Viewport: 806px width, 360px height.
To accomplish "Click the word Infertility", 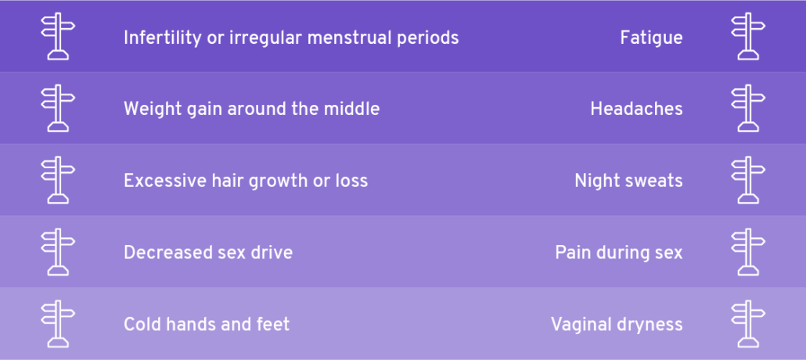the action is [x=161, y=38].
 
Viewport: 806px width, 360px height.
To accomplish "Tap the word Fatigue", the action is [x=651, y=38].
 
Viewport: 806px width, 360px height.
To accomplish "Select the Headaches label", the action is [x=636, y=109].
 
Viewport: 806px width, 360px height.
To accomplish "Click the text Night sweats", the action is [x=628, y=181].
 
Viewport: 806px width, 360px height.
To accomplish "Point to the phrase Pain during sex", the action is [x=619, y=253].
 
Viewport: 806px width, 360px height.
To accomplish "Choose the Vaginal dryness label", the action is [x=617, y=325].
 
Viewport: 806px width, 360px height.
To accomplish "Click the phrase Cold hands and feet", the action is [x=207, y=324].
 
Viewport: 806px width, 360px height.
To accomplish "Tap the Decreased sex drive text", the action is [x=208, y=253].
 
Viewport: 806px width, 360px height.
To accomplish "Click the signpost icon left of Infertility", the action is [x=58, y=36].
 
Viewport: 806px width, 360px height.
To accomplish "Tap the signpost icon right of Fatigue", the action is [x=748, y=36].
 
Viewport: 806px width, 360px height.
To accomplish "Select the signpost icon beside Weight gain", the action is [x=58, y=108].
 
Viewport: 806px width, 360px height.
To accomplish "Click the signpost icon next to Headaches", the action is [x=748, y=108].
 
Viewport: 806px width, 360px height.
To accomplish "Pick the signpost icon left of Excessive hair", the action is [x=58, y=180].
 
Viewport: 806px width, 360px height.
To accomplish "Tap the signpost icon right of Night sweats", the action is [x=748, y=180].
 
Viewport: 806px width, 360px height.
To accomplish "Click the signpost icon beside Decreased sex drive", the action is [x=58, y=252].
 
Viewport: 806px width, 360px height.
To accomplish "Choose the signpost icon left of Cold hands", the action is [x=58, y=324].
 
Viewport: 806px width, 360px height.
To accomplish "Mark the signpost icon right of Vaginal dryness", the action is [x=748, y=324].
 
